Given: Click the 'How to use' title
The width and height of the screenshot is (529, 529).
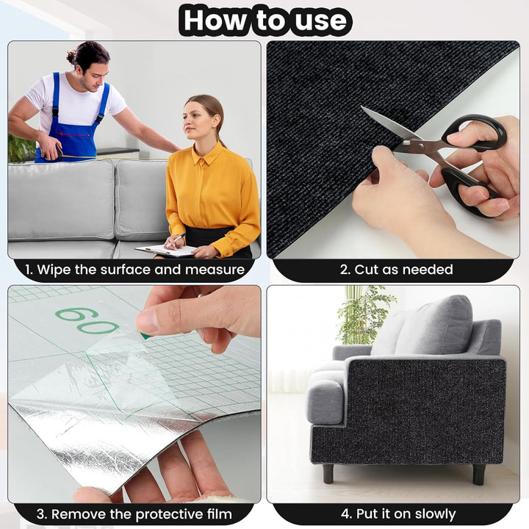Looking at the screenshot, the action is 265,21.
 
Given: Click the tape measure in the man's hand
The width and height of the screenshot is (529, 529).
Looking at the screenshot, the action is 54,154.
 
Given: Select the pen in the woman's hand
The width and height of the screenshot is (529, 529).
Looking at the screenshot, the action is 176,240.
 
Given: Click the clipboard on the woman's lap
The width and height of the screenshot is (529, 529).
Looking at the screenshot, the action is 166,251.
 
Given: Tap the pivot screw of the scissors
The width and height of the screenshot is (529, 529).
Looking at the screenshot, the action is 420,145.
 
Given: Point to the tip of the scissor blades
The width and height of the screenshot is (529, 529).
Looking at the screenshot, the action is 361,107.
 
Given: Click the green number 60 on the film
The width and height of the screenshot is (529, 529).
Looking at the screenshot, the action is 87,320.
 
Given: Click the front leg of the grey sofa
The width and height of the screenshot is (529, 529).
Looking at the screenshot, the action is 328,473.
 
